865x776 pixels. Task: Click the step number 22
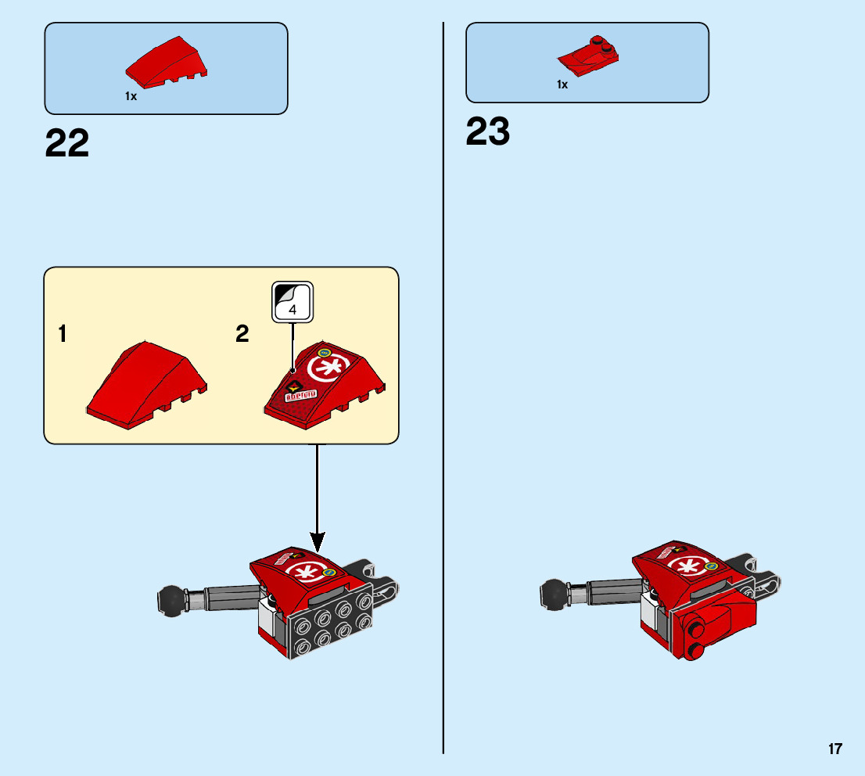(x=67, y=144)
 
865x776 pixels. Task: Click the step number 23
(x=488, y=132)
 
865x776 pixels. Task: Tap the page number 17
(x=835, y=749)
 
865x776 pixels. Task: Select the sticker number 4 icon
(x=293, y=301)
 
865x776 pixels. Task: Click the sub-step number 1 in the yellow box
(x=62, y=335)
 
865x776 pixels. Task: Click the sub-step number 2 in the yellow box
(x=242, y=335)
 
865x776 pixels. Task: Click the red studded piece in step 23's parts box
(x=588, y=57)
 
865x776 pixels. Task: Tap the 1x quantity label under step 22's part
(x=131, y=96)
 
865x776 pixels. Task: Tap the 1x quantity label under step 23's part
(x=562, y=84)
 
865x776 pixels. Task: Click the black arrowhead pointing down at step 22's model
(x=318, y=540)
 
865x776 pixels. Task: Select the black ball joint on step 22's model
(x=170, y=599)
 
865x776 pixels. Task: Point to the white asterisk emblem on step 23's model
(x=690, y=567)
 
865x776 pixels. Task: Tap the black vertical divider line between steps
(x=443, y=391)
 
